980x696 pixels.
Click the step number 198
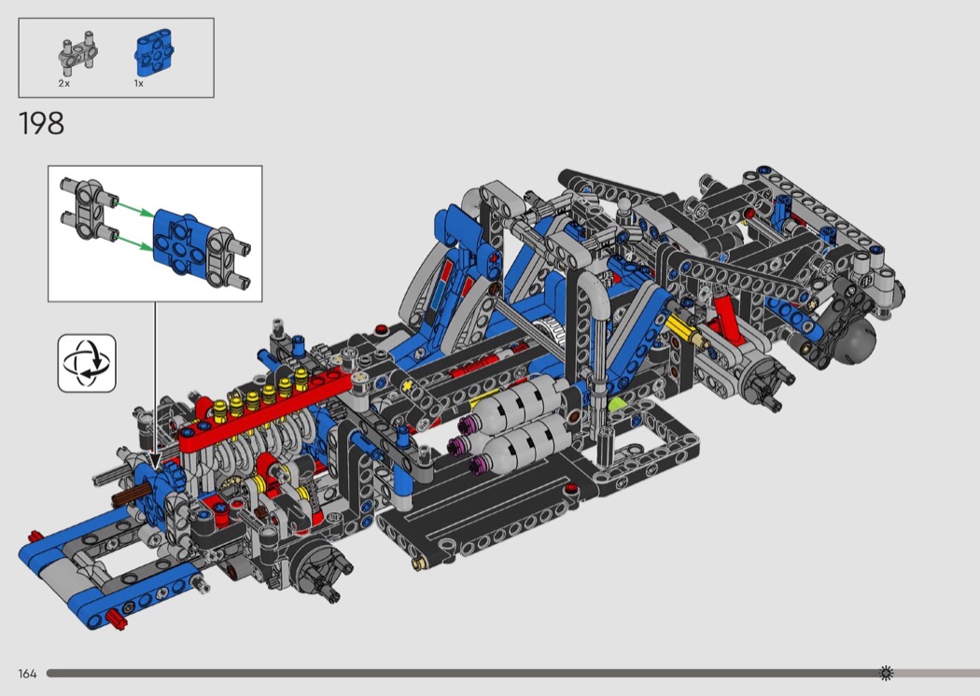42,123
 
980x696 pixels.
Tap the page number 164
27,674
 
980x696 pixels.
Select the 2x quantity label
64,83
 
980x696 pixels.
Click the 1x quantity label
139,83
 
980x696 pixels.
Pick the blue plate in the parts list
154,52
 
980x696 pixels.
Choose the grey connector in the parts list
78,50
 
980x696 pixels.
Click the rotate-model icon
87,363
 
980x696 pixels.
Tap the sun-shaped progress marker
886,673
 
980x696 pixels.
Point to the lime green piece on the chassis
618,404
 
